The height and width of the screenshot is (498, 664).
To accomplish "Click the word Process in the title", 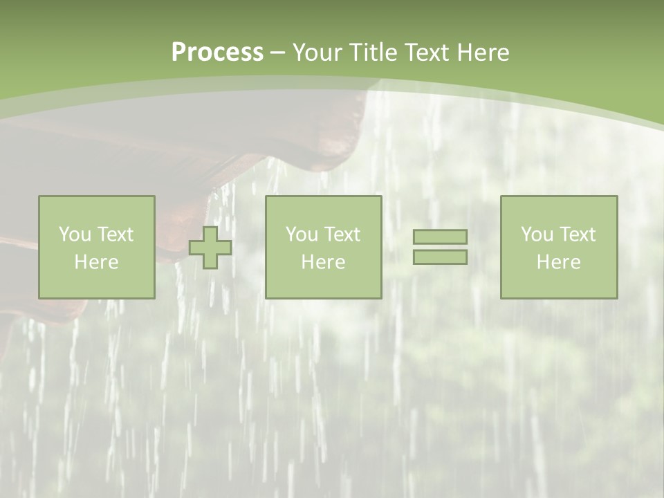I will coord(217,53).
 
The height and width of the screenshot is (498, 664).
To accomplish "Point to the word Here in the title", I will coord(485,53).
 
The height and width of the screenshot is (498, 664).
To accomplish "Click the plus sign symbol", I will coord(210,248).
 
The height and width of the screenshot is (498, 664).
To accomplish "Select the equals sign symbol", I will coord(440,247).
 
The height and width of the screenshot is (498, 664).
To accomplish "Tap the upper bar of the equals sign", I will coord(440,237).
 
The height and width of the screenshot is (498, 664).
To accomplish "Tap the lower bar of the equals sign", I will coord(440,257).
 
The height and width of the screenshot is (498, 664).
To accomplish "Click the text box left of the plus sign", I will coord(97,247).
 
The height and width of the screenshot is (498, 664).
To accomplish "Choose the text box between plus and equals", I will coord(324,247).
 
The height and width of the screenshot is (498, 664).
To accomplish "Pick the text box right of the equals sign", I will coord(559,247).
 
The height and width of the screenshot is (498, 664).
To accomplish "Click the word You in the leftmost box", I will coord(74,234).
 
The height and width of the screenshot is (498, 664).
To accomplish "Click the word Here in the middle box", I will coord(324,262).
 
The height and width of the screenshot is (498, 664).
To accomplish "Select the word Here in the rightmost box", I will coord(559,262).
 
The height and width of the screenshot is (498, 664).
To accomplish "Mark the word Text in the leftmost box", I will coord(115,234).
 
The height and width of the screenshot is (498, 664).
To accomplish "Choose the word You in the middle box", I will coord(301,234).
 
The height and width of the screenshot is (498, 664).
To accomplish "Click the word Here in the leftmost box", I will coord(97,262).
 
